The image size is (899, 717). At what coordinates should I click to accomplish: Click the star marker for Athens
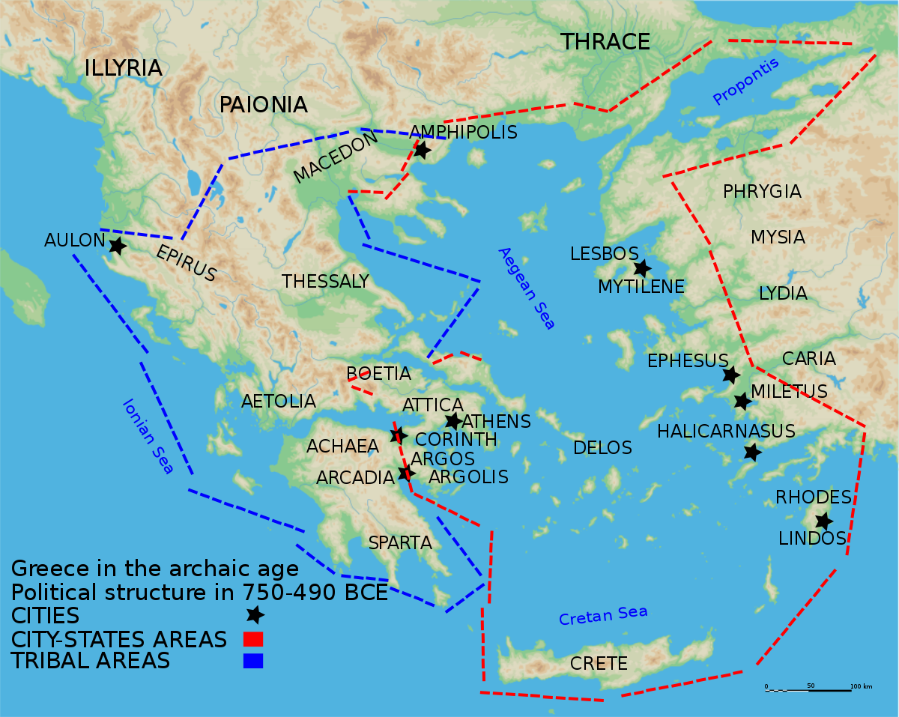[x=453, y=421]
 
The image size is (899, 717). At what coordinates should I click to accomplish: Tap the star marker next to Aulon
[x=117, y=245]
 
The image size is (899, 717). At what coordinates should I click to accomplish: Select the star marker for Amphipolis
[x=422, y=150]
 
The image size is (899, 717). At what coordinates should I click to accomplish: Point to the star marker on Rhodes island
[x=823, y=521]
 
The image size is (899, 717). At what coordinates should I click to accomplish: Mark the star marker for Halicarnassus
[x=752, y=452]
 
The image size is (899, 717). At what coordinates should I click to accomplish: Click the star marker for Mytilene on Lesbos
[x=641, y=268]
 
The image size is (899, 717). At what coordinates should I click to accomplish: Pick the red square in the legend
[x=253, y=639]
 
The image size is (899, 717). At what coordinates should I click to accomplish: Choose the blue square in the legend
[x=253, y=661]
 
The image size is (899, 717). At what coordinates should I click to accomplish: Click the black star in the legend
[x=255, y=615]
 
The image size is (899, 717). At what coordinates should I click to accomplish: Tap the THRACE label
[x=605, y=43]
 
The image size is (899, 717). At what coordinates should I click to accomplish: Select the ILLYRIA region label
[x=124, y=68]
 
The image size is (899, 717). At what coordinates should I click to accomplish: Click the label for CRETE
[x=599, y=664]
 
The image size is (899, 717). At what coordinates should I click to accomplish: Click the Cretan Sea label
[x=603, y=616]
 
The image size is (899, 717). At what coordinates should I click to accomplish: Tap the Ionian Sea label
[x=148, y=436]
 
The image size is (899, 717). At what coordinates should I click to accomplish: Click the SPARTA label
[x=400, y=543]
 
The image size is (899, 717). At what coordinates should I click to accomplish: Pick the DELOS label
[x=603, y=448]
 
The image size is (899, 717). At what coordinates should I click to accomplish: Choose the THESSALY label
[x=325, y=282]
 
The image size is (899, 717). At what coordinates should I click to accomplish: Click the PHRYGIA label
[x=762, y=192]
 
